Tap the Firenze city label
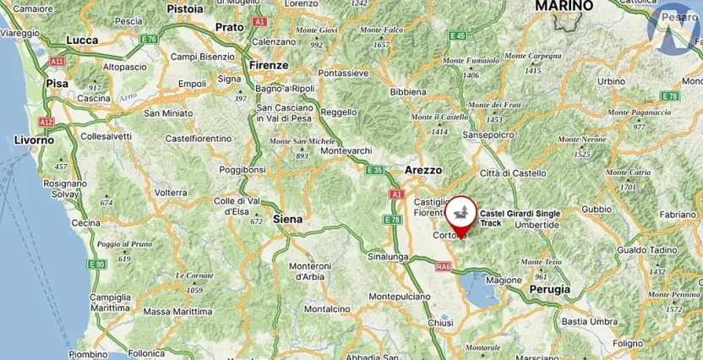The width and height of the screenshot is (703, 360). [x=270, y=65]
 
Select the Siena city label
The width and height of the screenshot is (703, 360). [x=287, y=218]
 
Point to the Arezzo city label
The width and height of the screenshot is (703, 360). [x=423, y=170]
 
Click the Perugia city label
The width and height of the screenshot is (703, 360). [x=548, y=289]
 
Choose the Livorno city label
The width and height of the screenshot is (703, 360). [x=35, y=139]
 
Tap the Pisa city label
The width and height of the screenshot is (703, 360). [x=57, y=84]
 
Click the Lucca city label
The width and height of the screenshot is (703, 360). [x=82, y=40]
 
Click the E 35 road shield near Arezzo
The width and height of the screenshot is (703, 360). [x=374, y=170]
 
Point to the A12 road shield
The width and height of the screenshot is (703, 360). [x=46, y=122]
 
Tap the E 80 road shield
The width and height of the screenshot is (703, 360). [x=99, y=265]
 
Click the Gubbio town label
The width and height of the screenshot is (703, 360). [x=596, y=209]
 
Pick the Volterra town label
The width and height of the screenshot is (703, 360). [x=171, y=193]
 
